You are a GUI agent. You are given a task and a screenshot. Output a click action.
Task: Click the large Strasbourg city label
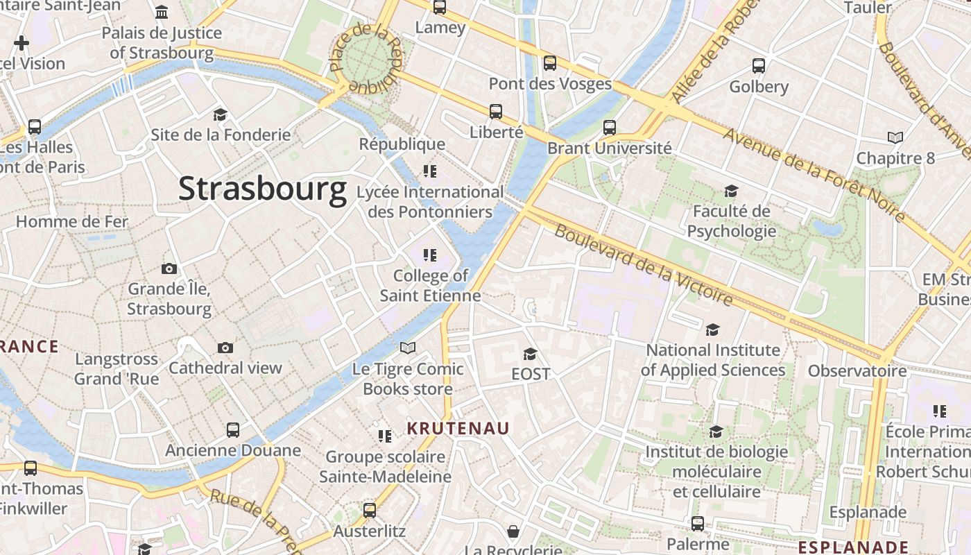pos(262,189)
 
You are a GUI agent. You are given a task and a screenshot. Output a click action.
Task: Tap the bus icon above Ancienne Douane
pos(233,429)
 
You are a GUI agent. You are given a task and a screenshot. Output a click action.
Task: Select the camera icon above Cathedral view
pos(225,348)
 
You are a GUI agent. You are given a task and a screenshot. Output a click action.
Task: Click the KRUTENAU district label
pos(458,429)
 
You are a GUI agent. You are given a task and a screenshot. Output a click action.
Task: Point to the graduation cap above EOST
pos(530,354)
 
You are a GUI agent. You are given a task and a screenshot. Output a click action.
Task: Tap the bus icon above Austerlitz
pos(370,511)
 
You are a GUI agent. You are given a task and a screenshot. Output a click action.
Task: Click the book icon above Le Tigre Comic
pos(408,348)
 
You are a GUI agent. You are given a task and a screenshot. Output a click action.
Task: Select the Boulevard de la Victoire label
pos(644,266)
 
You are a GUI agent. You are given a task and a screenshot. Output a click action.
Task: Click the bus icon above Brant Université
pos(609,127)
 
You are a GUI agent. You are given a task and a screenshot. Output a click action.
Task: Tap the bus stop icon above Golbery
pos(759,66)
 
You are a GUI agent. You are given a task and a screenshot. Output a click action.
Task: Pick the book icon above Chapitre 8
pos(895,137)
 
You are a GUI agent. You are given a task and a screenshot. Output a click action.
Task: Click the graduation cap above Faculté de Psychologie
pos(731,191)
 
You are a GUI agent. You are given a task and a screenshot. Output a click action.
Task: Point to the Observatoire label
pos(857,370)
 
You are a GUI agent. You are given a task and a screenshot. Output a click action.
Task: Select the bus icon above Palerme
pos(698,523)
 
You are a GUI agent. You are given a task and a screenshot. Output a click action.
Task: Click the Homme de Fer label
pos(72,222)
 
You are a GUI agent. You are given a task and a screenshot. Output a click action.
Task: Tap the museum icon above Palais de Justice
pos(162,12)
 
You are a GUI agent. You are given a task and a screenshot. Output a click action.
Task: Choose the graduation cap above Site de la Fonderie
pos(220,114)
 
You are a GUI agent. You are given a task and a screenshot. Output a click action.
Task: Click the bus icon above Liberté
pos(495,111)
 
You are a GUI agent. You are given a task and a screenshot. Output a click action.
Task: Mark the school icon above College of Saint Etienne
pos(430,255)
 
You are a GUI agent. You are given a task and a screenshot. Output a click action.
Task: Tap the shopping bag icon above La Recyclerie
pos(513,531)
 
